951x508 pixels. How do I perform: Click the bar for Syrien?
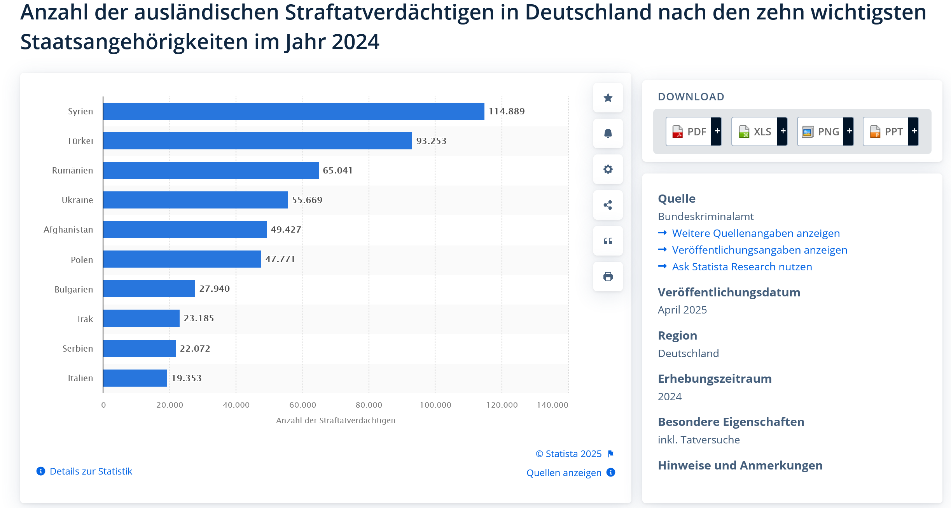coord(294,111)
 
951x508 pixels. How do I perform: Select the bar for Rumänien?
coord(211,170)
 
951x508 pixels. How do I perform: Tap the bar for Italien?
coord(135,378)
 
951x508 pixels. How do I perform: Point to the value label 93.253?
coord(431,141)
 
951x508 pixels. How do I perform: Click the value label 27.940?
coord(214,289)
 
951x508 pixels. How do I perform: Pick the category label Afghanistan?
coord(68,229)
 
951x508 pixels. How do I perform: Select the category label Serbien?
coord(78,349)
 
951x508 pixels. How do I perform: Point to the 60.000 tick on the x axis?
coord(302,405)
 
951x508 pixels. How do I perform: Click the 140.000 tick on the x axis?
coord(552,405)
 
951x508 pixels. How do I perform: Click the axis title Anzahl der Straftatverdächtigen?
coord(336,420)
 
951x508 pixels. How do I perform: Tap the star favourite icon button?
coord(608,98)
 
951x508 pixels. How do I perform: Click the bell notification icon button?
coord(608,133)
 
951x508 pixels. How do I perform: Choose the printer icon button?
coord(608,277)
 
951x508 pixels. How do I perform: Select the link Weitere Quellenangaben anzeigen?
coord(755,233)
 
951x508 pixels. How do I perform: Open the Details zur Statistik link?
coord(91,471)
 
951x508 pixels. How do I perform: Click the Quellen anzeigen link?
coord(564,473)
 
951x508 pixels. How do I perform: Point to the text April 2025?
coord(682,310)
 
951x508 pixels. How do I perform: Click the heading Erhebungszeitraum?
coord(715,379)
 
